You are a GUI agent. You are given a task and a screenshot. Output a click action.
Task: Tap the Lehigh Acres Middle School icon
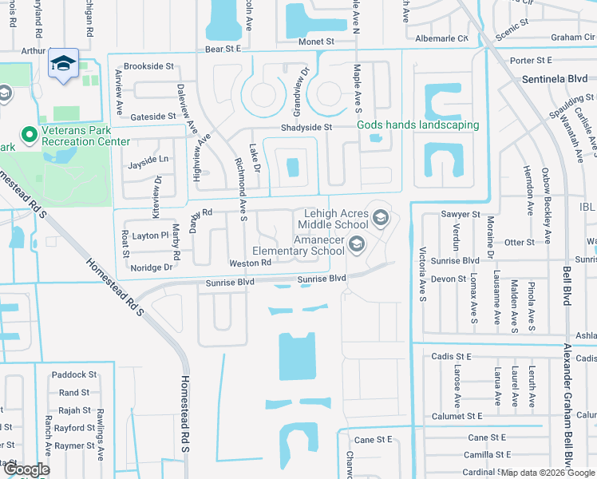[381, 215]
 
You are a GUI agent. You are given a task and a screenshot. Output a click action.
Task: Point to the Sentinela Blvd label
[554, 80]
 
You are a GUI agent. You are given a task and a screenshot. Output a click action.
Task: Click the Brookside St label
[149, 66]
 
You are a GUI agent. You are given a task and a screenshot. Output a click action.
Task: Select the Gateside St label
[152, 116]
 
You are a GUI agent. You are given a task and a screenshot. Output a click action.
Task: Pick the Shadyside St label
[306, 128]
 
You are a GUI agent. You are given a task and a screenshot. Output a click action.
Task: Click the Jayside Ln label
[148, 160]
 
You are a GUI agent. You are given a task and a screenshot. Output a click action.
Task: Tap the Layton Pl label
[151, 236]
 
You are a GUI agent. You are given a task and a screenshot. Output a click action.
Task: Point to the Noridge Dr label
[152, 267]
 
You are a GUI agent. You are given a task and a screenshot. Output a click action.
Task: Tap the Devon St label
[449, 279]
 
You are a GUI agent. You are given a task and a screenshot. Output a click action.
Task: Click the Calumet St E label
[457, 416]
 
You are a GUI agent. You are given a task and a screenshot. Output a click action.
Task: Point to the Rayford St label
[74, 428]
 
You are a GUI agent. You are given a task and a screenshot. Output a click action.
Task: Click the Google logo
[26, 469]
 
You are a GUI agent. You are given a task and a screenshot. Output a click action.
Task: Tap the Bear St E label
[223, 49]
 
